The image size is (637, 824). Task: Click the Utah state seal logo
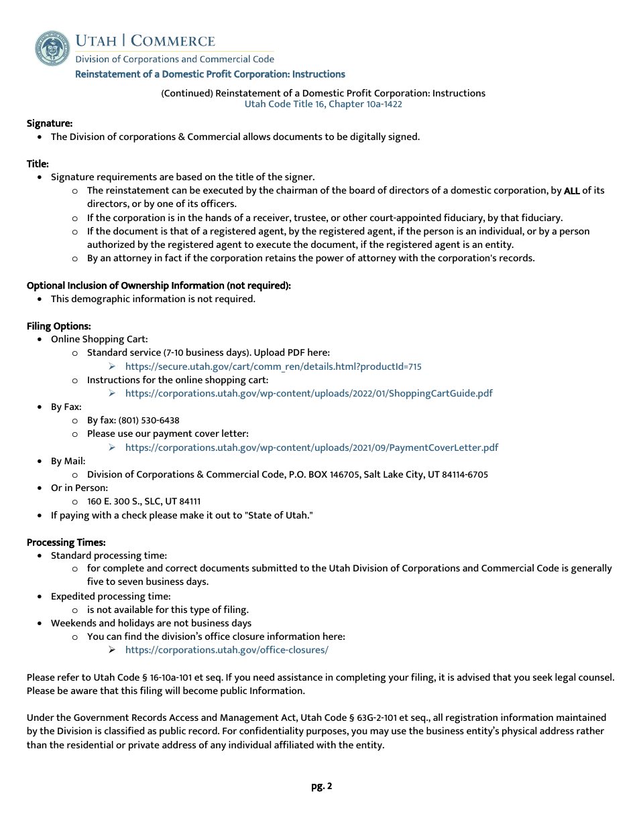[x=52, y=48]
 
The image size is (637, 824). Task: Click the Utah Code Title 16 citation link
[x=323, y=105]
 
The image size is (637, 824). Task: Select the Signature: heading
[x=50, y=123]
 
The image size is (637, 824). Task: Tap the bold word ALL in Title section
[x=571, y=191]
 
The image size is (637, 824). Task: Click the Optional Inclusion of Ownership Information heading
[x=159, y=285]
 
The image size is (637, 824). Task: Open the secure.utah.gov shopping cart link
[x=273, y=366]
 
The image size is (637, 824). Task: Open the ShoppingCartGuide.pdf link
[x=308, y=393]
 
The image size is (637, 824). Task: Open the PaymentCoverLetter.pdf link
[x=311, y=448]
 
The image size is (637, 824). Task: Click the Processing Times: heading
[x=66, y=543]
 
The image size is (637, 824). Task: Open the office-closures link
[x=227, y=650]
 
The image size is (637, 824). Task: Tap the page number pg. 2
[x=321, y=786]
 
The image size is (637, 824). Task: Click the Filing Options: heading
[x=59, y=326]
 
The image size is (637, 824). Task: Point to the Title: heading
[x=38, y=163]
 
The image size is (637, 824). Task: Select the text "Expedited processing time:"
[x=111, y=596]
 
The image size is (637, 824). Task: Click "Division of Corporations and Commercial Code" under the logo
[x=174, y=60]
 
